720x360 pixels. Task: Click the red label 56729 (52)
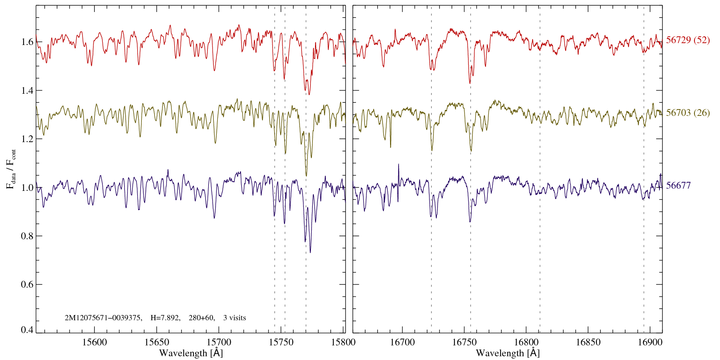[688, 40]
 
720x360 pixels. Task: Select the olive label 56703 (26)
[688, 112]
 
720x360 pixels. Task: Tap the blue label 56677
[678, 185]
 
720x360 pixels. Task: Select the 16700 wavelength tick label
[402, 342]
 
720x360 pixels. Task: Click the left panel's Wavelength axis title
[190, 353]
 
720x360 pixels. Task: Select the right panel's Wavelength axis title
[507, 353]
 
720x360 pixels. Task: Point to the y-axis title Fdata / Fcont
[11, 168]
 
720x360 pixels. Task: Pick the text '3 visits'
[234, 318]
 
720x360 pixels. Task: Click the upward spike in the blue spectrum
[398, 165]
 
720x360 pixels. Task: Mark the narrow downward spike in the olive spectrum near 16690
[390, 146]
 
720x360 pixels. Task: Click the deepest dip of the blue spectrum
[310, 252]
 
